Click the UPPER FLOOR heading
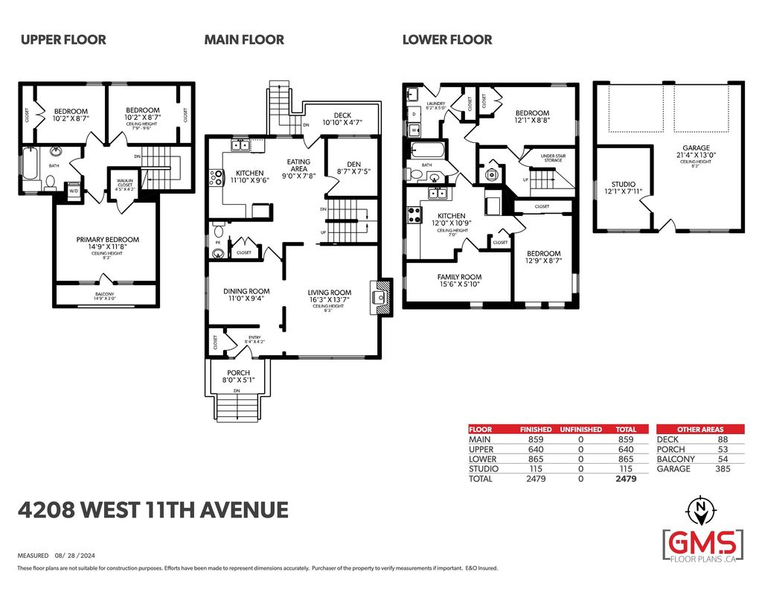(63, 39)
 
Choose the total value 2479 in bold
(626, 479)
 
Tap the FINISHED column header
(536, 430)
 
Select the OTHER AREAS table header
(699, 430)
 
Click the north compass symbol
(701, 510)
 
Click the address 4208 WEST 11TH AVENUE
(153, 510)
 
